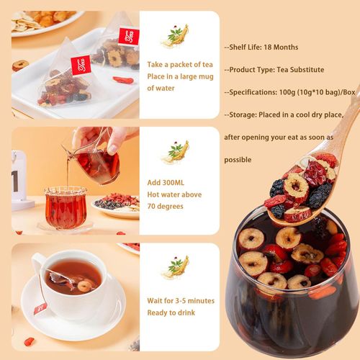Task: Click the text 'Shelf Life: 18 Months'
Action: pyautogui.click(x=264, y=47)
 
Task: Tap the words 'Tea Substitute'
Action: pyautogui.click(x=300, y=70)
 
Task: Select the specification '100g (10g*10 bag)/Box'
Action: pyautogui.click(x=317, y=92)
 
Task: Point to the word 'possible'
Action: pyautogui.click(x=238, y=160)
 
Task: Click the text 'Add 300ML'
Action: pyautogui.click(x=166, y=183)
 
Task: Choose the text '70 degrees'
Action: pyautogui.click(x=165, y=206)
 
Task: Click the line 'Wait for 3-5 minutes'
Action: pyautogui.click(x=181, y=301)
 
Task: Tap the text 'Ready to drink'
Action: pyautogui.click(x=171, y=312)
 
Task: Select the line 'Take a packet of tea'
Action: pyautogui.click(x=180, y=65)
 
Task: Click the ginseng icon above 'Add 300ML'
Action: pyautogui.click(x=175, y=152)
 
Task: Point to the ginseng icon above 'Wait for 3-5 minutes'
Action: pyautogui.click(x=175, y=267)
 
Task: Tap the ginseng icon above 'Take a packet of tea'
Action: pyautogui.click(x=175, y=36)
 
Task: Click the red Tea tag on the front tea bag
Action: pyautogui.click(x=81, y=65)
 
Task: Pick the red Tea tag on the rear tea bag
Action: pyautogui.click(x=129, y=37)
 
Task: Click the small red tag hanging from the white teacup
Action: pyautogui.click(x=40, y=309)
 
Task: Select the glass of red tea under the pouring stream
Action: pyautogui.click(x=66, y=207)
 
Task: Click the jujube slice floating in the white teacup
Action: pyautogui.click(x=84, y=286)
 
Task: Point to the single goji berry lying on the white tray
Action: pyautogui.click(x=123, y=80)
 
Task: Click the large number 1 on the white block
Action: pyautogui.click(x=15, y=181)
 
